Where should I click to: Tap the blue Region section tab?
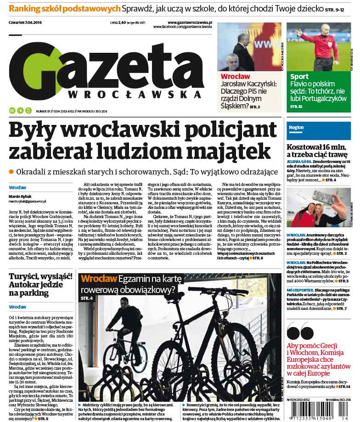point(296,127)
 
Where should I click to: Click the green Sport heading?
point(299,77)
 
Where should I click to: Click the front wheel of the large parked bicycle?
point(234,358)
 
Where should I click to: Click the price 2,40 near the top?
point(122,22)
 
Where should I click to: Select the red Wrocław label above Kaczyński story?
point(235,76)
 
